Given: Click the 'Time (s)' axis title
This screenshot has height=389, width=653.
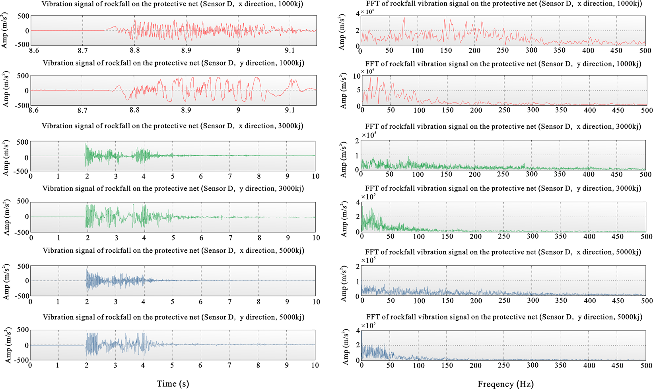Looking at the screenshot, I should tap(173, 383).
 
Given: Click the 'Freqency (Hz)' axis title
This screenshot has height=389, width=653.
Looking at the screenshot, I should tap(505, 384).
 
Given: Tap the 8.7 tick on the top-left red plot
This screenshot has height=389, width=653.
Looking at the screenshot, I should tap(83, 50).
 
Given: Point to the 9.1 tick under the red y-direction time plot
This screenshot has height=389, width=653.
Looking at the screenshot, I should tap(290, 110).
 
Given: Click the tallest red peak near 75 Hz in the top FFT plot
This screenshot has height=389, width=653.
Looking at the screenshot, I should tap(404, 18).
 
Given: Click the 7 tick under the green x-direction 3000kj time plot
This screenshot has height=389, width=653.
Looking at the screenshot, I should tap(230, 176).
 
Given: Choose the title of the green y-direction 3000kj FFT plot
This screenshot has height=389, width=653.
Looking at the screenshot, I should tap(503, 188).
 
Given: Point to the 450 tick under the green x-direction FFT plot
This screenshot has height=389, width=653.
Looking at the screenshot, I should tap(616, 174).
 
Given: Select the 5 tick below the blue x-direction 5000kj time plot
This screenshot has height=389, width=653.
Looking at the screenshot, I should tap(172, 302).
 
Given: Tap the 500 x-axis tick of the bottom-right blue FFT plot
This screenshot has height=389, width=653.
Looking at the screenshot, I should tap(646, 365).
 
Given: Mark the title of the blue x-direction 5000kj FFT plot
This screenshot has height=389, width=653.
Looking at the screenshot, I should tap(503, 252).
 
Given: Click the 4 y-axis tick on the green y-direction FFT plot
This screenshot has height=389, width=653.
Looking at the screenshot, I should tap(358, 202).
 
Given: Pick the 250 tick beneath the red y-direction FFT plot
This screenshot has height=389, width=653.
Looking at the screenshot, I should tap(504, 110).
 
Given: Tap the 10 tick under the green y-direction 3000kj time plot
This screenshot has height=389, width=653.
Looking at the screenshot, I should tap(316, 238).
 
